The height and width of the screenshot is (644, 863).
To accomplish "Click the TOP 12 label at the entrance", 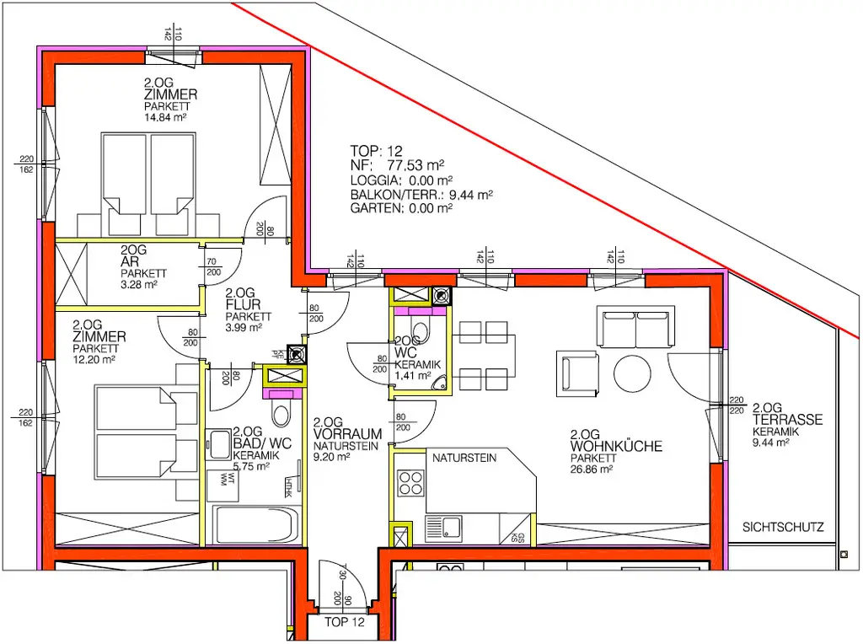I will pos(346,623).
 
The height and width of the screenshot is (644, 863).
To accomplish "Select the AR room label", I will pos(130,262).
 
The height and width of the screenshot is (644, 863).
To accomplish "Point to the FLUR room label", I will pos(243,304).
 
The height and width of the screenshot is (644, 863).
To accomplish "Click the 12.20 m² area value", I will pos(94,359).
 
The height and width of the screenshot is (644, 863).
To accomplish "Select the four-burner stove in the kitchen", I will pos(410,484).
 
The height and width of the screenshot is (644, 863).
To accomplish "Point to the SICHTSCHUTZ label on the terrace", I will pos(783,529).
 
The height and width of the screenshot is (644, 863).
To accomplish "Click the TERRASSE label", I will pos(787,419).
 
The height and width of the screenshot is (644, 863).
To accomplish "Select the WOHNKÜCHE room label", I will pos(615,446).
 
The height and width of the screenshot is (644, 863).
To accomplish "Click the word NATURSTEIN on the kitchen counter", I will pos(464,459).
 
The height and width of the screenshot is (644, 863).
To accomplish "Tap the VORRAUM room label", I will pos(347,433).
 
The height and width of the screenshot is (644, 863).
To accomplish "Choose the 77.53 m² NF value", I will pos(423,166).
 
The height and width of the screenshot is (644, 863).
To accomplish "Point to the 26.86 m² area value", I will pos(592,470).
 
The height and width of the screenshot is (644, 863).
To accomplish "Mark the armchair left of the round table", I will pos(577,371).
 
